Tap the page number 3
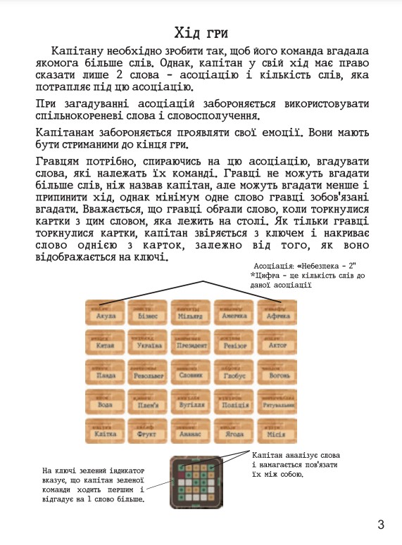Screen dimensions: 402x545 (x=380, y=524)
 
